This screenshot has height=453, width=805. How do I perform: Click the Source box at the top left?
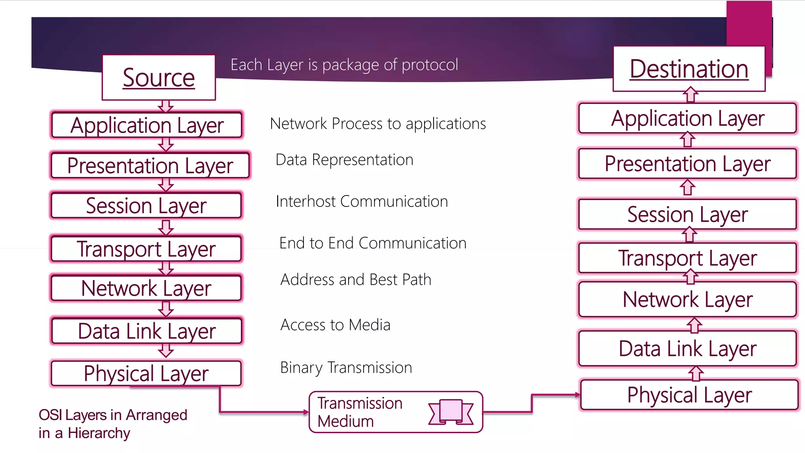pos(159,77)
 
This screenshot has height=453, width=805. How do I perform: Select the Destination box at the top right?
pos(689,69)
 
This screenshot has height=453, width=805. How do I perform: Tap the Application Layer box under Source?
pos(147,125)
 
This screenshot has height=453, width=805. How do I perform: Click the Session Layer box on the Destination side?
pos(687,215)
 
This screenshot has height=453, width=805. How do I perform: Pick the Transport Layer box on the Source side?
pos(146,249)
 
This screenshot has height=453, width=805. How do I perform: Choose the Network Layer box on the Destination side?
pos(687,300)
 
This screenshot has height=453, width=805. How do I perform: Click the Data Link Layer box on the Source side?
pos(147,331)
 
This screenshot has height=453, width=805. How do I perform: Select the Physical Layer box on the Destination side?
pos(689,395)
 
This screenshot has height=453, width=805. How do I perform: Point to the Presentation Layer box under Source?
pos(150,166)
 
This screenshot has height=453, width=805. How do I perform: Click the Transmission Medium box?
pos(395,412)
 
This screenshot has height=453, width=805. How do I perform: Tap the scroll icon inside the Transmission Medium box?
pos(451,412)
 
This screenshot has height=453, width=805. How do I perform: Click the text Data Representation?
pos(344,160)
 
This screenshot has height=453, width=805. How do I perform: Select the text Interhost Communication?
pos(362,201)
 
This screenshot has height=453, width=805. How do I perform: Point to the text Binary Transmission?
pos(346,368)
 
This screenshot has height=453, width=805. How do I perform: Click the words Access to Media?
pos(335,325)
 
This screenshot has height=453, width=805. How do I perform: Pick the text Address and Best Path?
pos(356,280)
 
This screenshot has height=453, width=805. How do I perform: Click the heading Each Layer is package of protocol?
pos(344,65)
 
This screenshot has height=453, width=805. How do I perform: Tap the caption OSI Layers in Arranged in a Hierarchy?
pos(113,424)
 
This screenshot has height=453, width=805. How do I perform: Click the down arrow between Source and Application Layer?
pos(166,106)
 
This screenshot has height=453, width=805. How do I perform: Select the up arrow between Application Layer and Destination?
pos(691,95)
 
